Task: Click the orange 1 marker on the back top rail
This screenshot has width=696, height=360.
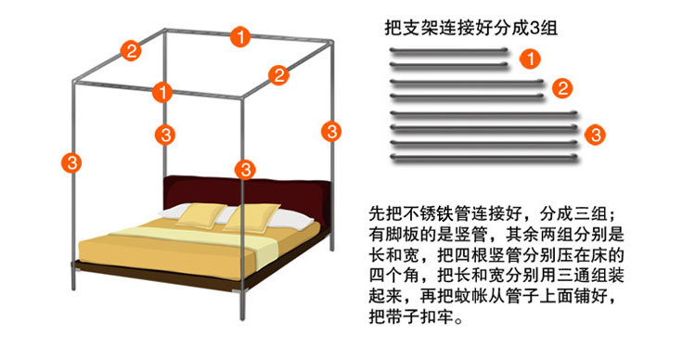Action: point(240,36)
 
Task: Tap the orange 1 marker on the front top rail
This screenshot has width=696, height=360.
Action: point(162,93)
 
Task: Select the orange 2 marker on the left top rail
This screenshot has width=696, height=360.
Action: point(131,51)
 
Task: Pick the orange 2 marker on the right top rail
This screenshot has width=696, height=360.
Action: point(278,75)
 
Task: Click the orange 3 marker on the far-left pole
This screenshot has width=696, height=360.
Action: point(71,162)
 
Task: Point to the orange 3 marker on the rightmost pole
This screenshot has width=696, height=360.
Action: point(331,132)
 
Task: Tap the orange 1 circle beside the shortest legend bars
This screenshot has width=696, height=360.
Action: point(530,58)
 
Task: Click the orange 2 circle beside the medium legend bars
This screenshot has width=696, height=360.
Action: point(562,88)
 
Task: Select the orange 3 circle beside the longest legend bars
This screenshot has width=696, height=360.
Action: point(595,135)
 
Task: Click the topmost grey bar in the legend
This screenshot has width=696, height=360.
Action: point(449,50)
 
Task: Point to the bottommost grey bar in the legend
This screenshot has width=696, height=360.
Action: point(483,158)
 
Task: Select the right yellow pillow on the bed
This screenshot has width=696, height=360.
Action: point(251,218)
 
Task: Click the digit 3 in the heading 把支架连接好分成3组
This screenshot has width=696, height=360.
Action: point(534,29)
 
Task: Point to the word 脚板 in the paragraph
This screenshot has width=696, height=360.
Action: point(402,235)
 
